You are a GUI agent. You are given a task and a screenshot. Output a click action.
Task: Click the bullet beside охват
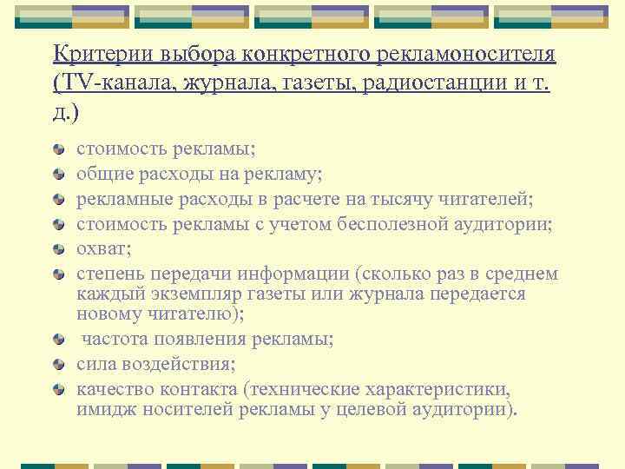click(59, 250)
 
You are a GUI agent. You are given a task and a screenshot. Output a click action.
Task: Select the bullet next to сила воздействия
click(59, 364)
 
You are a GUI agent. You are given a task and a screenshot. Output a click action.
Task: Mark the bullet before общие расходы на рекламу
click(59, 175)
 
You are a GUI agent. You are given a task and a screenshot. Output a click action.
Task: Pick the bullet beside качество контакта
click(59, 389)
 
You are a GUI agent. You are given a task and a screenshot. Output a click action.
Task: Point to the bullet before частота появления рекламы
click(59, 339)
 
